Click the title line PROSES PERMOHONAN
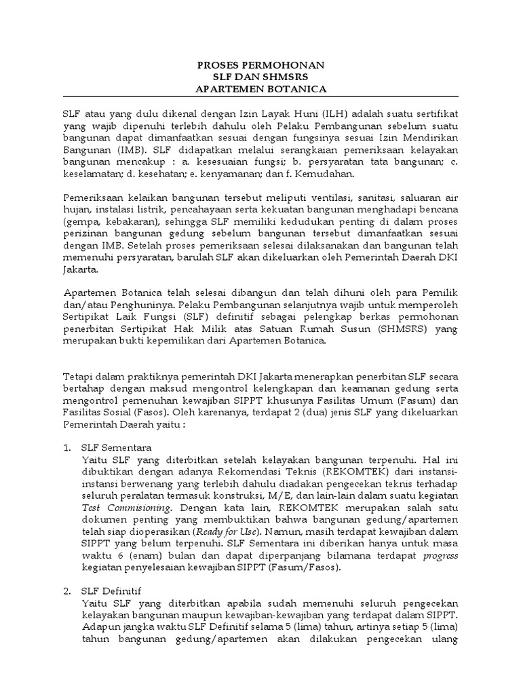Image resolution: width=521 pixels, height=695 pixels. pyautogui.click(x=260, y=65)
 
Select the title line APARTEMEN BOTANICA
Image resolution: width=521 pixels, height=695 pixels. pyautogui.click(x=260, y=89)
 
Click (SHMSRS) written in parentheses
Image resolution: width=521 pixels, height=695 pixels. pyautogui.click(x=400, y=330)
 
